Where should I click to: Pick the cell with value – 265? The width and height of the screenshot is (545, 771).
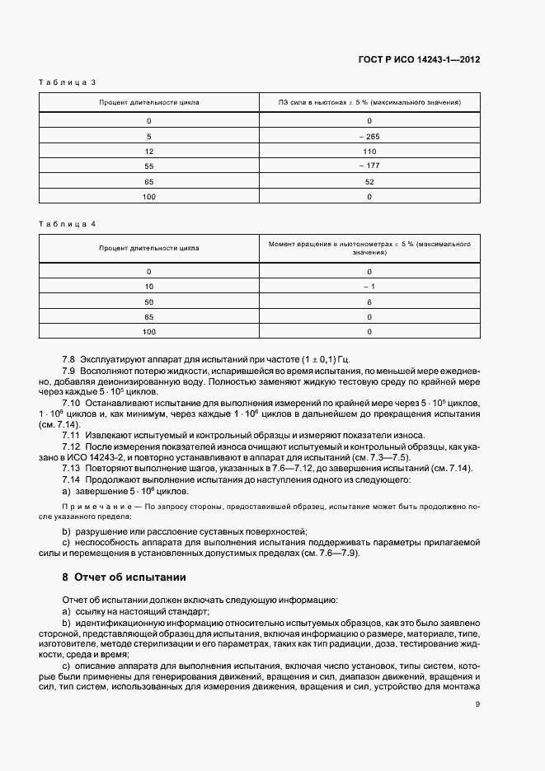coord(369,136)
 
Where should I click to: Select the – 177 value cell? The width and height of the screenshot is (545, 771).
coord(369,166)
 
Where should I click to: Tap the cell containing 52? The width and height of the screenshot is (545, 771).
coord(369,181)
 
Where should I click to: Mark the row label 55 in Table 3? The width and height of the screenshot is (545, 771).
coord(149,166)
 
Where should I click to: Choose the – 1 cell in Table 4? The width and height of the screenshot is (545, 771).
coord(369,286)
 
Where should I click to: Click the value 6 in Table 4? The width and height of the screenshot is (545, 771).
coord(369,301)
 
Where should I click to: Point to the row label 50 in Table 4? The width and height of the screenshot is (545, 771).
coord(149,301)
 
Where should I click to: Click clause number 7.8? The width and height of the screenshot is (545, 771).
coord(68,361)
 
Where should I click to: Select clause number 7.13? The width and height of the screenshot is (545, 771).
coord(71,468)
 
